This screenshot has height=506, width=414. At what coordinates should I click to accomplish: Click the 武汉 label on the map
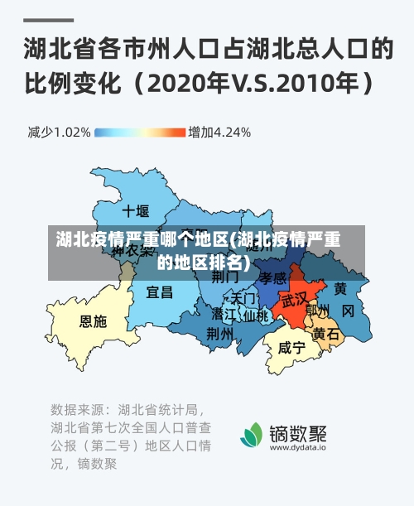tap(294, 298)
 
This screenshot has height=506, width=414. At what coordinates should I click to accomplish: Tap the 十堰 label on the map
tap(135, 210)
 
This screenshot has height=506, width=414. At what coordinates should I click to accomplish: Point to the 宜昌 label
tap(160, 292)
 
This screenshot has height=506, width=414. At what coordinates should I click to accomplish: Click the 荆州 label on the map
tap(219, 333)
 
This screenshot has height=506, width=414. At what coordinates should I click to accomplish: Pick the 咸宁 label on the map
tap(291, 348)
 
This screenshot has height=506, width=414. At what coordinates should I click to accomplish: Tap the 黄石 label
tap(325, 334)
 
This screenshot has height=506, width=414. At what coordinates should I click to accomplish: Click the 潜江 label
tap(224, 315)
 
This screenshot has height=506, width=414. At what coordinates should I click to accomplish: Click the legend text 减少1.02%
tap(59, 132)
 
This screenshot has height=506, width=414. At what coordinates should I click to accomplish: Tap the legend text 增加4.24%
tap(219, 132)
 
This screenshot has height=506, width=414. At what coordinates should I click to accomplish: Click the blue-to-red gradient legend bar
tap(139, 132)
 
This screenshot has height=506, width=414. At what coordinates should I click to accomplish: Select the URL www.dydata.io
tap(297, 448)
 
